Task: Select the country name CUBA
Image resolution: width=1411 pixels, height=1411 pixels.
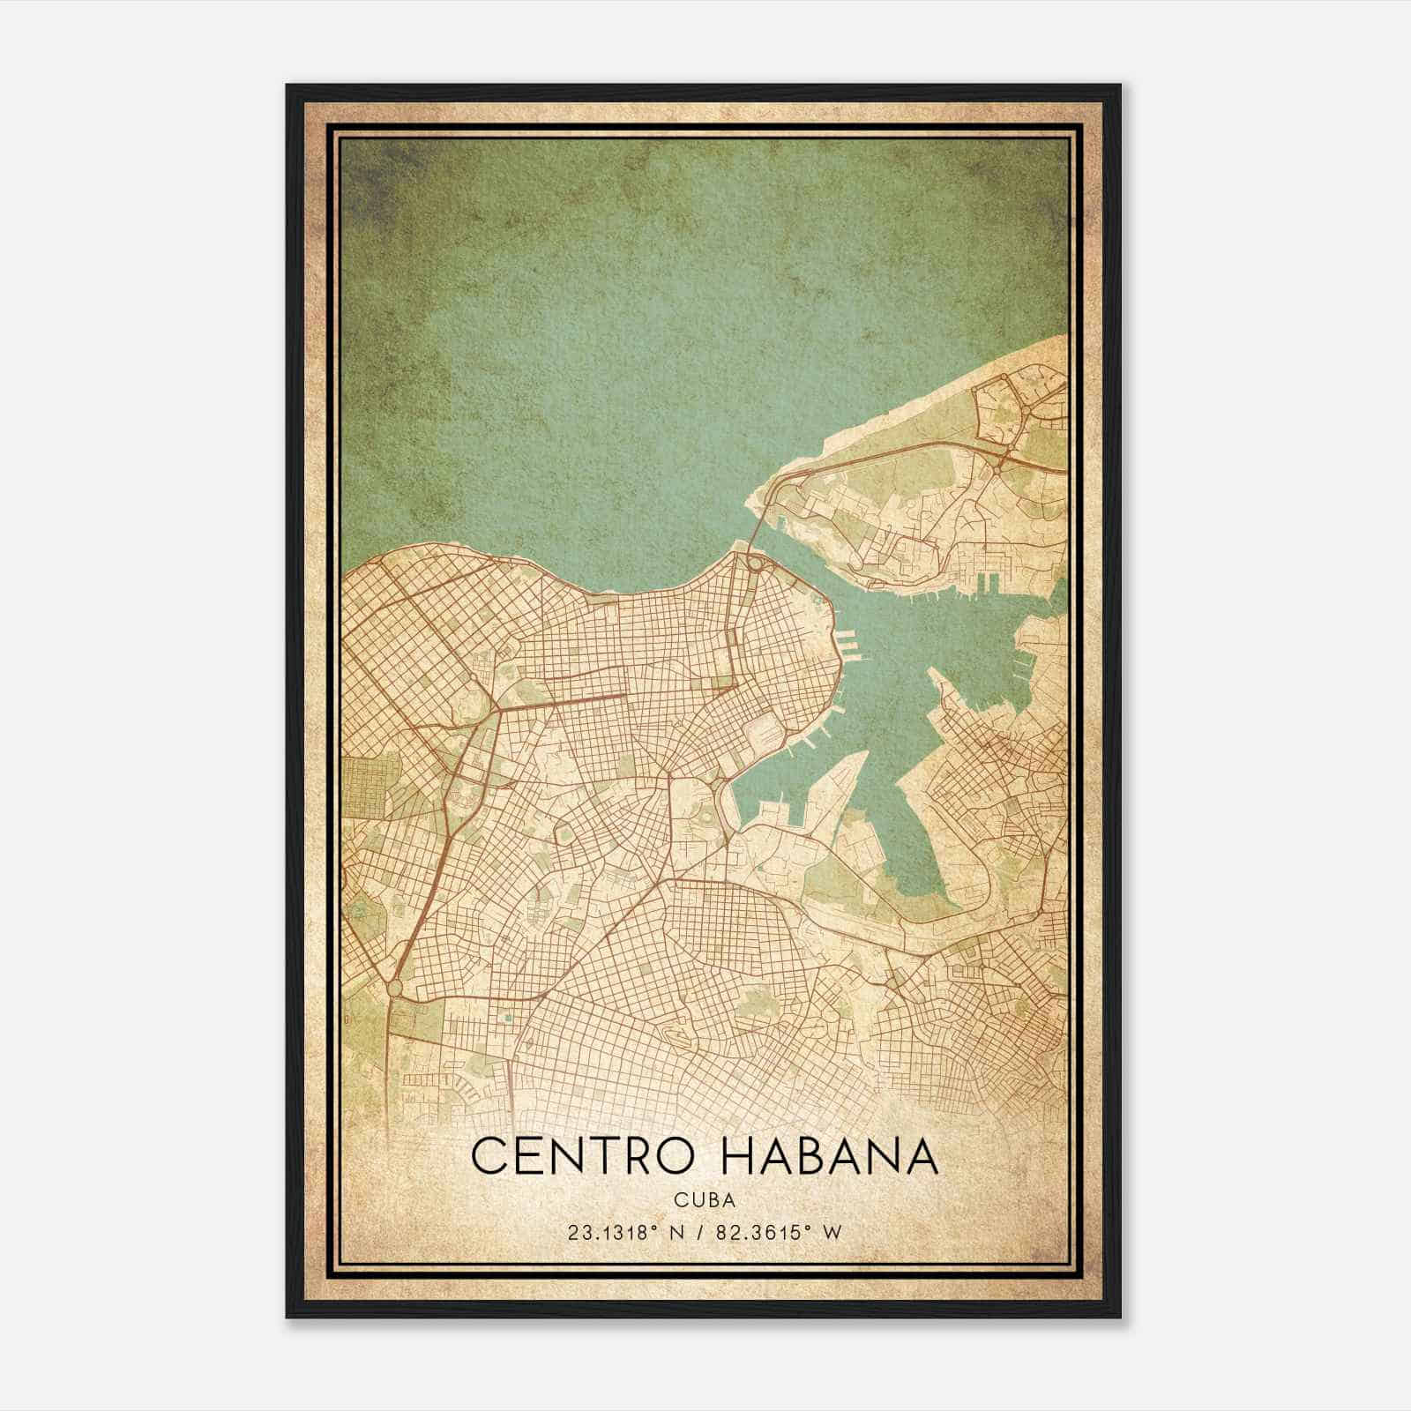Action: point(705,1199)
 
